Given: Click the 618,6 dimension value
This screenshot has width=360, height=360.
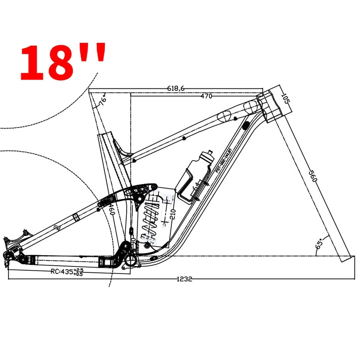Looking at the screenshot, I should point(176,88).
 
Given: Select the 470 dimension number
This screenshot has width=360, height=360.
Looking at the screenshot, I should point(206,96).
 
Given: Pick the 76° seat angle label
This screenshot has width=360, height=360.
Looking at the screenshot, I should point(102,99).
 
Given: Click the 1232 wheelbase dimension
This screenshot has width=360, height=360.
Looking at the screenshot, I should point(184,279).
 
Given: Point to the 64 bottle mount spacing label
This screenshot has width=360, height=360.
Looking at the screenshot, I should point(196,186).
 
